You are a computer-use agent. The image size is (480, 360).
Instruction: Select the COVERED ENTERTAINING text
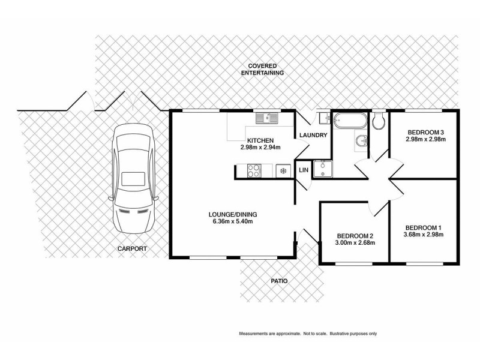pyautogui.click(x=262, y=69)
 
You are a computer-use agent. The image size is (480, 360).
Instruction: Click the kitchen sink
pyautogui.click(x=265, y=118)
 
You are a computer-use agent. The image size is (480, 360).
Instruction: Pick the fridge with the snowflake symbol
pyautogui.click(x=281, y=172)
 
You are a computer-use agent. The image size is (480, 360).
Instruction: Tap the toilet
pyautogui.click(x=379, y=121)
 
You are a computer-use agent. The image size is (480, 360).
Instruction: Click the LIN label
pyautogui.click(x=304, y=170)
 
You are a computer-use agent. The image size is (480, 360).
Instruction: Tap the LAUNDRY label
pyautogui.click(x=312, y=136)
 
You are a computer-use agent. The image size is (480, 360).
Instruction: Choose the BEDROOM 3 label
pyautogui.click(x=425, y=133)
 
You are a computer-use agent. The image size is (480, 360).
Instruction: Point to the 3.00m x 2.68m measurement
pyautogui.click(x=355, y=243)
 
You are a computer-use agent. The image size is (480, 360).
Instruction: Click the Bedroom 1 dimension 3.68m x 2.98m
pyautogui.click(x=423, y=235)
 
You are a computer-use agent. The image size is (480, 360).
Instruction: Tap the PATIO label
pyautogui.click(x=279, y=280)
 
